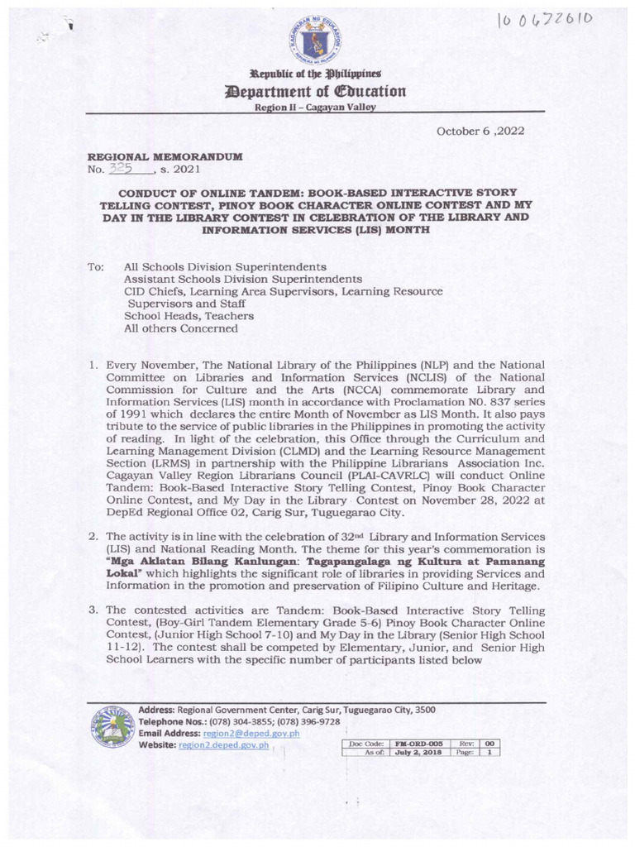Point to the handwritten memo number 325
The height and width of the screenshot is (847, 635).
[x=125, y=169]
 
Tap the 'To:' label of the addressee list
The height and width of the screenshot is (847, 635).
[x=96, y=269]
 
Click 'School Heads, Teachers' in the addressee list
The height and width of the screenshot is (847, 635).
[x=189, y=316]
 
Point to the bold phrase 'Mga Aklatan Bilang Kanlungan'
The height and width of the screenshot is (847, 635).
[x=165, y=562]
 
